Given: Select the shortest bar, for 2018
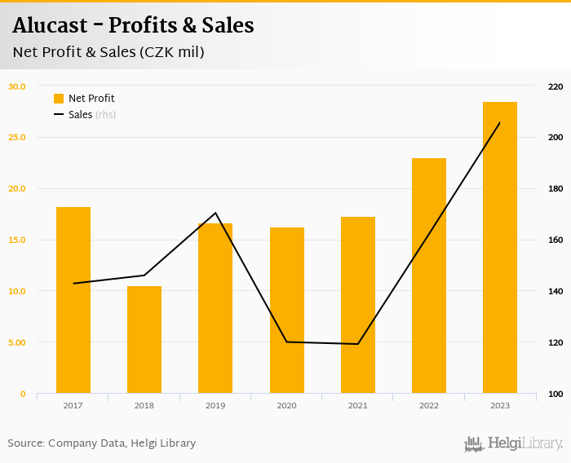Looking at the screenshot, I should [x=144, y=340].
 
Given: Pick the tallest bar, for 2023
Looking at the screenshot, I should [x=499, y=248].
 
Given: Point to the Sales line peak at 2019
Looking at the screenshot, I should [x=215, y=213].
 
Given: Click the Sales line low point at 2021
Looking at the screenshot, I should [x=357, y=344].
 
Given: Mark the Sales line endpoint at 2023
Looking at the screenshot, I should [x=499, y=123].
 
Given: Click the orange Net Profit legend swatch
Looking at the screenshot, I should [x=59, y=99].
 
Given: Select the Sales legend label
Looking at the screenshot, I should [x=80, y=115].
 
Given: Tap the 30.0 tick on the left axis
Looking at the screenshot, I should [x=17, y=86].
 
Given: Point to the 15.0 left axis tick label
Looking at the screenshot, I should [x=17, y=240].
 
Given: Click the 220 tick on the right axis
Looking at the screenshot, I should [x=556, y=86].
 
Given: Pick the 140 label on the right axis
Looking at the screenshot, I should [x=556, y=292].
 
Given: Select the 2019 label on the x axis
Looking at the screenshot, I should [x=215, y=405].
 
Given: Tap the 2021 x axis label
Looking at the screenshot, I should [x=357, y=405].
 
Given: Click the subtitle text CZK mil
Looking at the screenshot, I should [x=171, y=52].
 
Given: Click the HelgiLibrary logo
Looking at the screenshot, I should [x=513, y=444].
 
